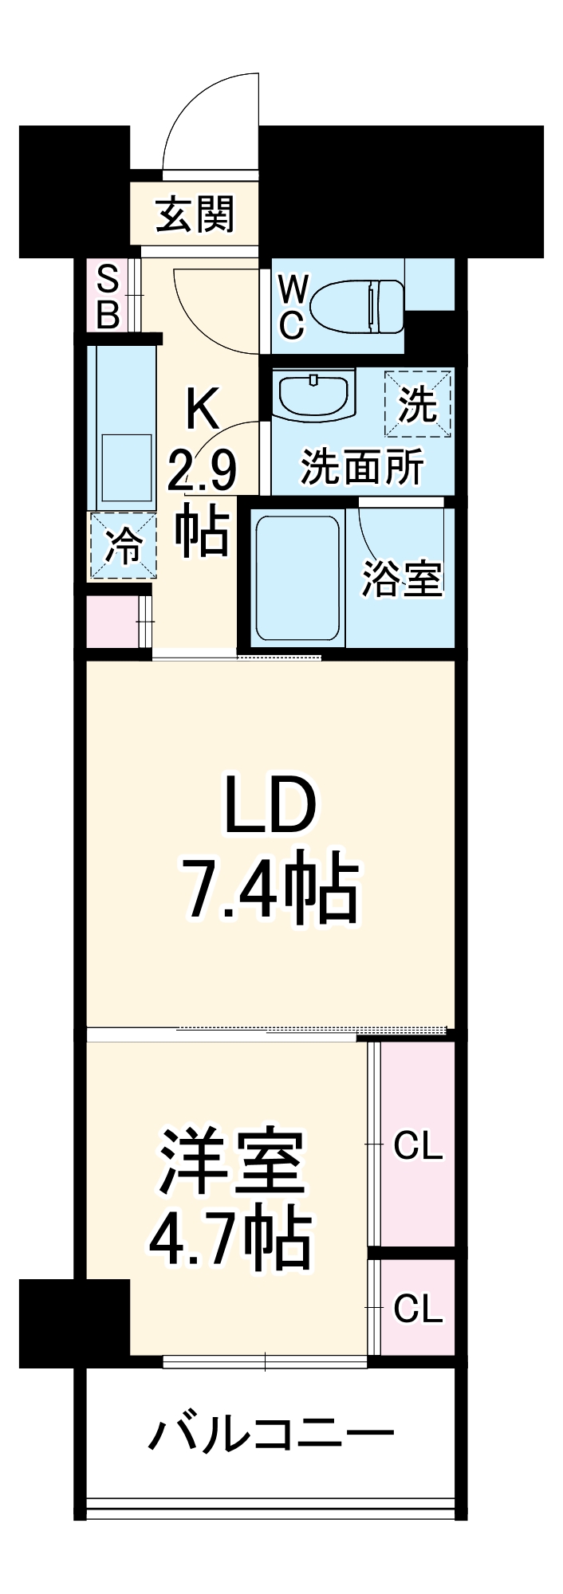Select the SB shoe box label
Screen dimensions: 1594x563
click(108, 297)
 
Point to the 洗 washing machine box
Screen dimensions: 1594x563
click(418, 404)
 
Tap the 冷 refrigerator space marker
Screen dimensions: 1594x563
click(123, 546)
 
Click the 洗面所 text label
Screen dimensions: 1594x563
click(361, 468)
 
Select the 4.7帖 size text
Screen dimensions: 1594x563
click(230, 1240)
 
